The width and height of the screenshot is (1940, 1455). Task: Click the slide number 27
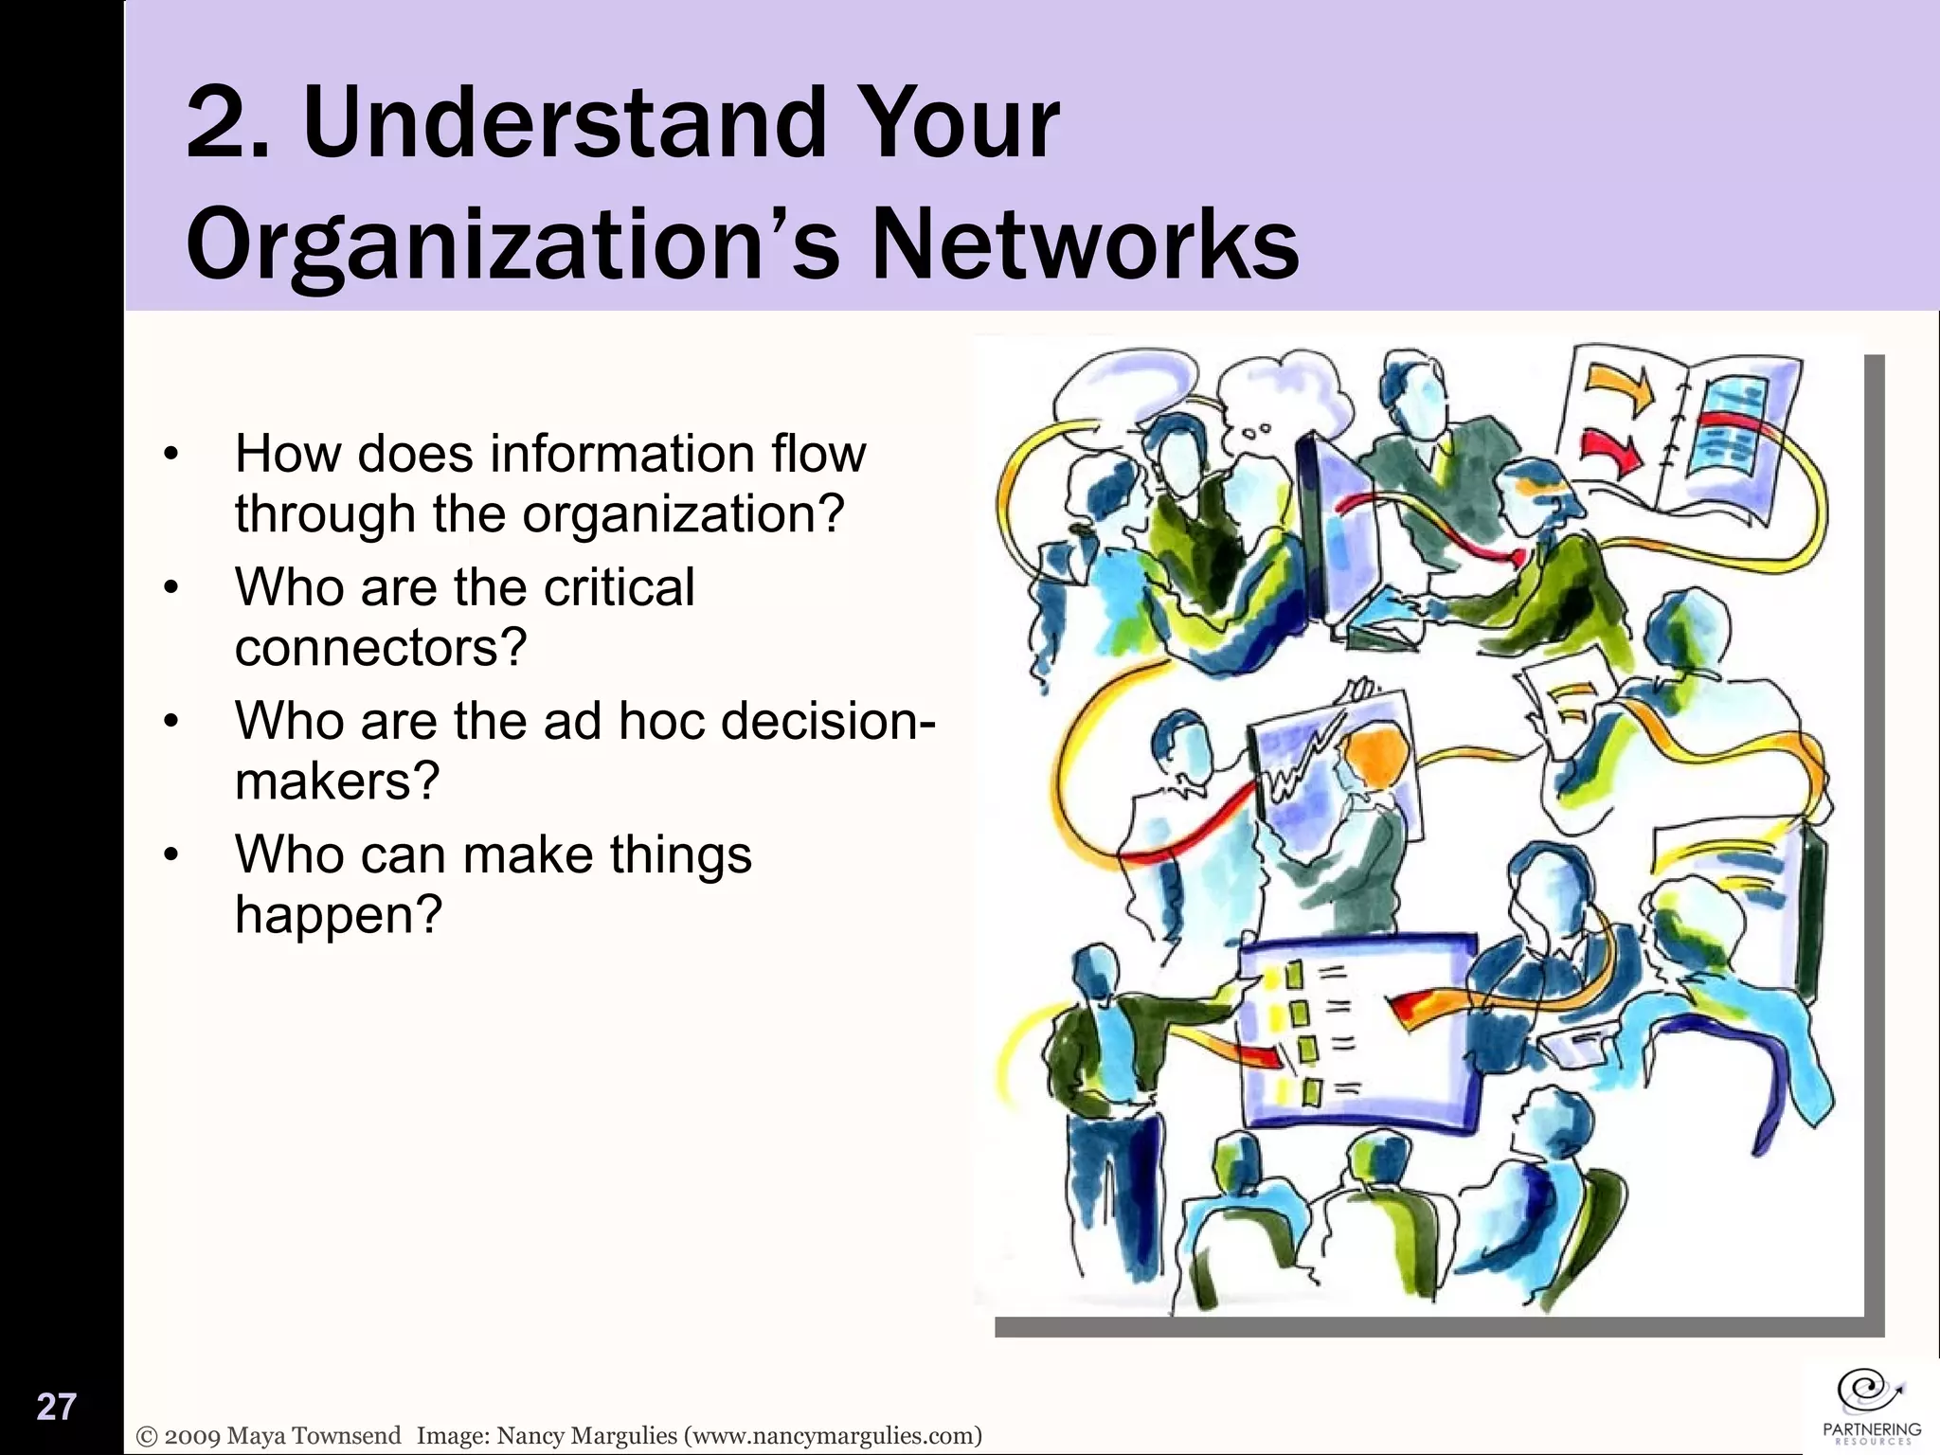(56, 1407)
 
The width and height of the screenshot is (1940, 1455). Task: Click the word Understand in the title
(565, 123)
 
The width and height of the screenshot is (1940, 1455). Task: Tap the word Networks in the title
(1084, 244)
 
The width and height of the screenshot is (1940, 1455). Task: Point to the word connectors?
(380, 648)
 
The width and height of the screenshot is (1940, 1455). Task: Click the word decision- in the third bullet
(828, 721)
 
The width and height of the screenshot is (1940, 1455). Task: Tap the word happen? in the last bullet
(338, 915)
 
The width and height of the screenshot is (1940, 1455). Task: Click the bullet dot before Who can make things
(171, 855)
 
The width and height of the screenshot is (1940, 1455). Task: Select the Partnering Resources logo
(1872, 1407)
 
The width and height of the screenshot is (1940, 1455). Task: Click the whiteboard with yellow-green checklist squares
(1359, 1033)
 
